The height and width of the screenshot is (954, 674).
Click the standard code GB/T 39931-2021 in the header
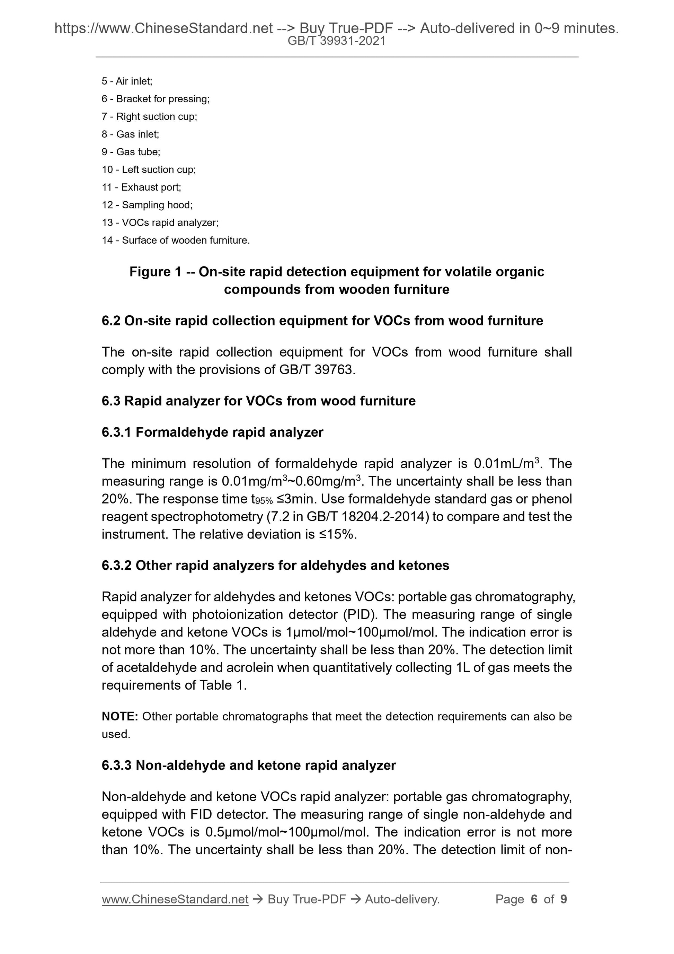click(x=336, y=41)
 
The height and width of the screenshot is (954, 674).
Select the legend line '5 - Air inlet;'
click(x=127, y=81)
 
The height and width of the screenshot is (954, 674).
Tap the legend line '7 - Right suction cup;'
click(x=149, y=117)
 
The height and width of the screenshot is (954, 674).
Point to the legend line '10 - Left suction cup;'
click(x=149, y=169)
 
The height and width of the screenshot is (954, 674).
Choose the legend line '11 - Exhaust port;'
click(x=142, y=187)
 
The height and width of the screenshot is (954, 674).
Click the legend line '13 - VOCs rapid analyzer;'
click(x=160, y=223)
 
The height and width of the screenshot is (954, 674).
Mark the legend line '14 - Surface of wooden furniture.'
click(x=176, y=240)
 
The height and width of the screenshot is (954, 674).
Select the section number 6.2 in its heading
click(x=111, y=321)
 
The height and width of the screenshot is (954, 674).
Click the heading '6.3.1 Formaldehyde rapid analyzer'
click(x=212, y=432)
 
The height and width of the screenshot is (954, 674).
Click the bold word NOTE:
click(x=119, y=717)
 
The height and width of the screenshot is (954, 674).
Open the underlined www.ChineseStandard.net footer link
click(x=175, y=900)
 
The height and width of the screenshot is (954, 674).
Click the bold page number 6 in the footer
click(x=534, y=900)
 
